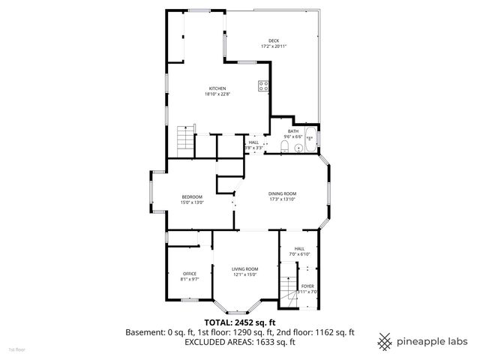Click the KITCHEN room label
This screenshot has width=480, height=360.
pos(217,88)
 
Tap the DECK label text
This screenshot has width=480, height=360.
pos(274,40)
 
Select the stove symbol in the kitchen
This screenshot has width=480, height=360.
pos(264,85)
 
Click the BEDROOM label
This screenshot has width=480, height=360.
pos(192,196)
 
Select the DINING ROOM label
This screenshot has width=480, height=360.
pos(283,193)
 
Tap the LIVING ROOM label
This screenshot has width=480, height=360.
pos(244,268)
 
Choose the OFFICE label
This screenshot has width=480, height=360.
pos(190,274)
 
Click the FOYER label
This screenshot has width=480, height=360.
pos(307,286)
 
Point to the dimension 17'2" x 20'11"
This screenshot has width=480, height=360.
pos(274,46)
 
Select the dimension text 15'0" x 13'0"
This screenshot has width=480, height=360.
pos(192,202)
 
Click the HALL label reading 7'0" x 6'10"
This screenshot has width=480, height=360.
pos(299,248)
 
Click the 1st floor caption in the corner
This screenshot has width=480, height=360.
pos(16,349)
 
